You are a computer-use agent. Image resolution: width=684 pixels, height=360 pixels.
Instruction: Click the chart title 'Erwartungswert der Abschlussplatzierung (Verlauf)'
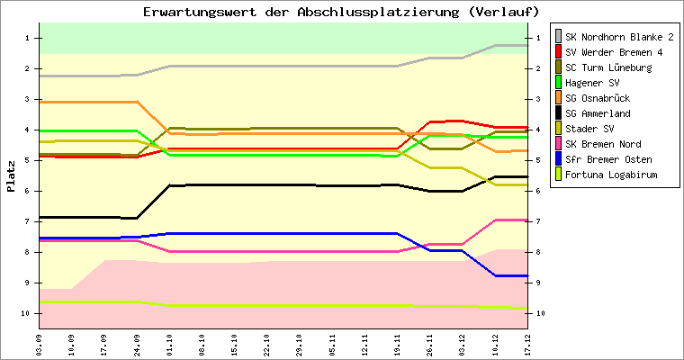pos(341,12)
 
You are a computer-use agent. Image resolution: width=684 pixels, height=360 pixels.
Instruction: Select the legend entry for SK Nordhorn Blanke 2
pos(619,37)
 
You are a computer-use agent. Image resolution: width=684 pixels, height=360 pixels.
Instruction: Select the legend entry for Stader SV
pos(595,129)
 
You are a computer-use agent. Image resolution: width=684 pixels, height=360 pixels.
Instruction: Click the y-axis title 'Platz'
pos(11,176)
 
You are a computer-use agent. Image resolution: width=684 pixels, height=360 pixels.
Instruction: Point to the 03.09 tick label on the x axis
pos(39,345)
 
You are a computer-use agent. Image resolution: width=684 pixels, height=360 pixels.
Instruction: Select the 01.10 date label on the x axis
pos(169,345)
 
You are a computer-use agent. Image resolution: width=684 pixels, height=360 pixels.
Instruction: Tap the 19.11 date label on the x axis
pos(396,345)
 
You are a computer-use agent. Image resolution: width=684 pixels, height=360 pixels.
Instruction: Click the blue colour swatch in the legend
pos(559,159)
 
